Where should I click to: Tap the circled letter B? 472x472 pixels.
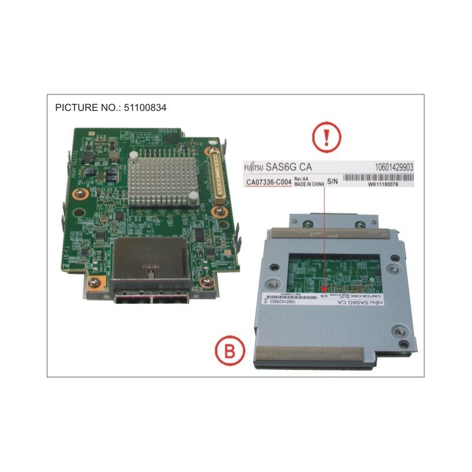(x=229, y=352)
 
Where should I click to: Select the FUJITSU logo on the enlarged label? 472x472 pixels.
(x=255, y=168)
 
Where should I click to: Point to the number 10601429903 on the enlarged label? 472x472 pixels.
(x=394, y=168)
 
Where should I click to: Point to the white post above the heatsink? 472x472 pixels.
(x=135, y=154)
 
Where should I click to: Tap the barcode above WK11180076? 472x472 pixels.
(x=378, y=177)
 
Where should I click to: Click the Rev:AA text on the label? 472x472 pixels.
(x=301, y=178)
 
